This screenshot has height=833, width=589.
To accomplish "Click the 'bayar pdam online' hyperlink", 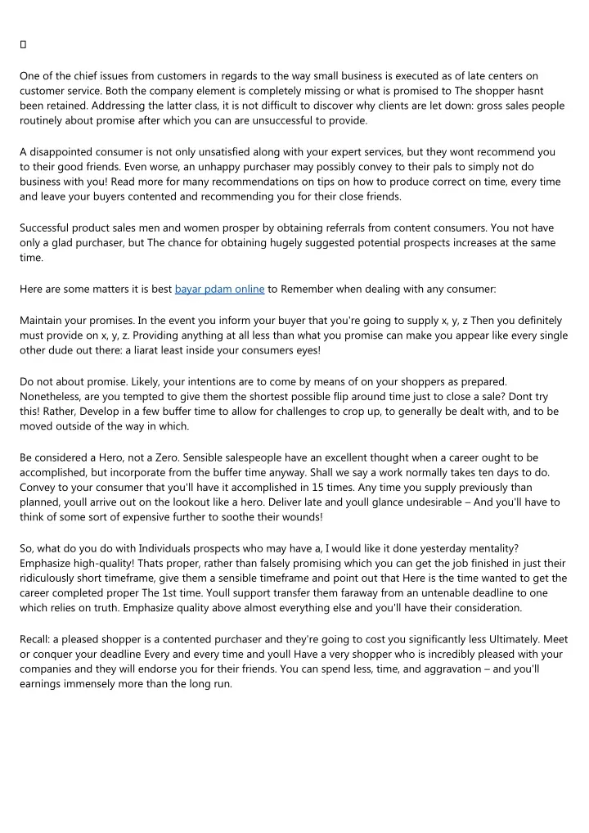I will tap(219, 289).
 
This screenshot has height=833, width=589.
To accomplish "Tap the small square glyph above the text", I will tap(23, 43).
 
